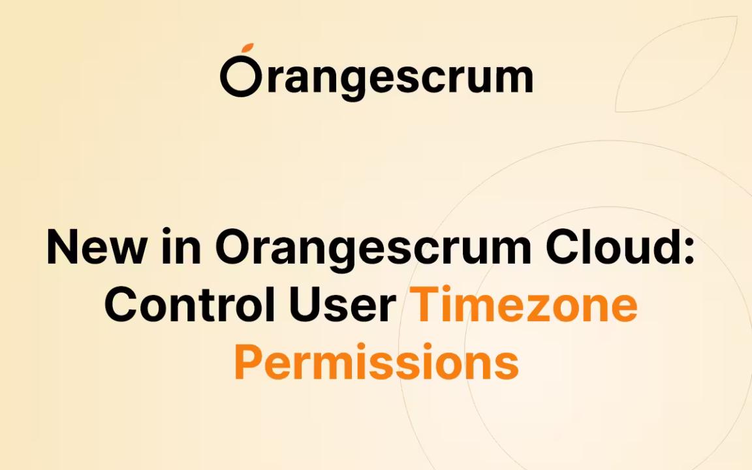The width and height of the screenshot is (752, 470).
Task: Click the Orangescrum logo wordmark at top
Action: pos(377,72)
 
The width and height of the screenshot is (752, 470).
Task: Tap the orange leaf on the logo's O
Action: pos(248,48)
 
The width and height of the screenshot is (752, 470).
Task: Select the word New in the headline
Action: pos(96,247)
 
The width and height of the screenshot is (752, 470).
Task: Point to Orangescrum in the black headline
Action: pos(373,249)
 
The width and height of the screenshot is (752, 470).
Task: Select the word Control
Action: pos(190,304)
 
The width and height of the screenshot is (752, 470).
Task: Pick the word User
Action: pos(343,304)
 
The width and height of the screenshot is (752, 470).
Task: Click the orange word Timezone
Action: pos(524,304)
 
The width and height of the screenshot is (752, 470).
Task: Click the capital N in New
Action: pos(63,247)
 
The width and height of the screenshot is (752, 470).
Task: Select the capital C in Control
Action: pos(122,304)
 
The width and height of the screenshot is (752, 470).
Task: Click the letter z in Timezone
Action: pos(552,308)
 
